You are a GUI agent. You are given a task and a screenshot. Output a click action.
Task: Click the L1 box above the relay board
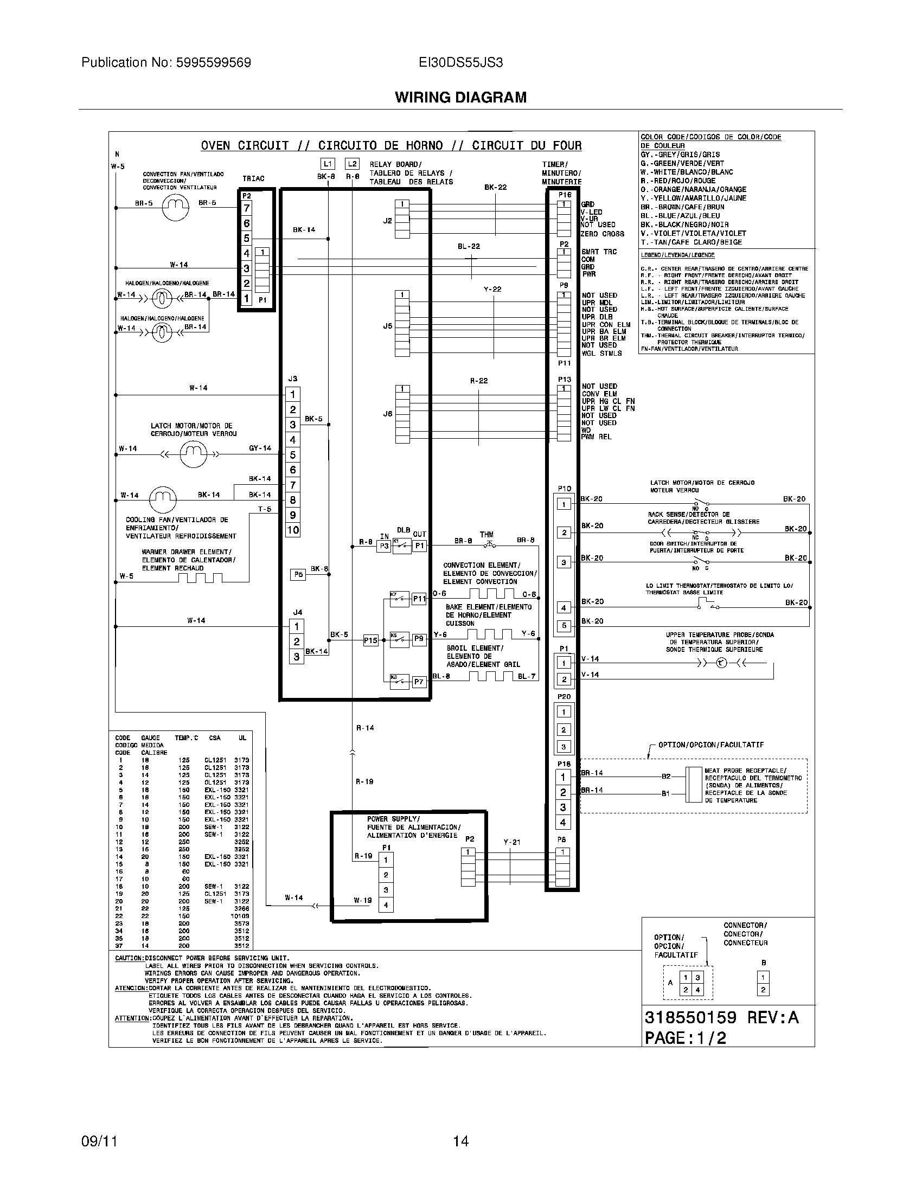(327, 164)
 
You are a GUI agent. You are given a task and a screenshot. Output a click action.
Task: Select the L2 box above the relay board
(353, 164)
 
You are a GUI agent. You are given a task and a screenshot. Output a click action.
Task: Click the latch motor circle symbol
(193, 454)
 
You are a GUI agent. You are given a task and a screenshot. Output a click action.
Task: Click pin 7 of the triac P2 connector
(247, 208)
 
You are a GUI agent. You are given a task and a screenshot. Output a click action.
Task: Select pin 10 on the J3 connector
(293, 530)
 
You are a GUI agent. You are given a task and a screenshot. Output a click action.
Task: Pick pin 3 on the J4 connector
(297, 657)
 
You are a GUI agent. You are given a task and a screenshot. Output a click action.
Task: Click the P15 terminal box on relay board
(370, 640)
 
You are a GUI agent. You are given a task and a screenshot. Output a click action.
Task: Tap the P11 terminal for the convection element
(419, 599)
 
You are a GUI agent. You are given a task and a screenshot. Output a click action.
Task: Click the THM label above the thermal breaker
(486, 534)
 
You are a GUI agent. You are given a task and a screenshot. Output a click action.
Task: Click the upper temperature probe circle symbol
(721, 663)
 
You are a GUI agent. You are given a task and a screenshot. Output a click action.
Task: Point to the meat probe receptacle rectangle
(694, 785)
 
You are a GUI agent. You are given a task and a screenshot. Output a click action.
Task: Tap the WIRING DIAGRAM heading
(460, 97)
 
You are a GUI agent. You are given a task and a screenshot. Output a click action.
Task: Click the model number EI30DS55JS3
(460, 62)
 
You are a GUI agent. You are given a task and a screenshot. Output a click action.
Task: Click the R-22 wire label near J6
(478, 381)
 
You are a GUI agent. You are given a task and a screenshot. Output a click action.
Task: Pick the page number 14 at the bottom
(460, 1141)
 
